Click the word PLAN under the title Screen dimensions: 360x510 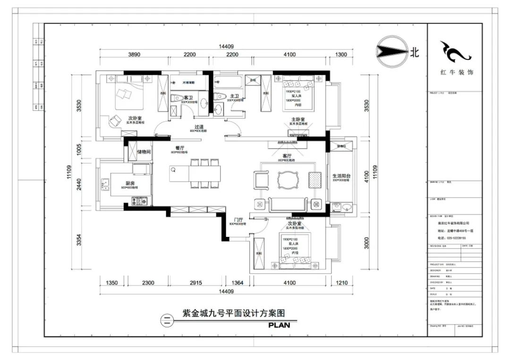pyautogui.click(x=282, y=325)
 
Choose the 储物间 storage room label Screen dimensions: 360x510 pyautogui.click(x=144, y=152)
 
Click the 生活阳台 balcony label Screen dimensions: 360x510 pyautogui.click(x=340, y=176)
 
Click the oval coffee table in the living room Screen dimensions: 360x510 pyautogui.click(x=289, y=180)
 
